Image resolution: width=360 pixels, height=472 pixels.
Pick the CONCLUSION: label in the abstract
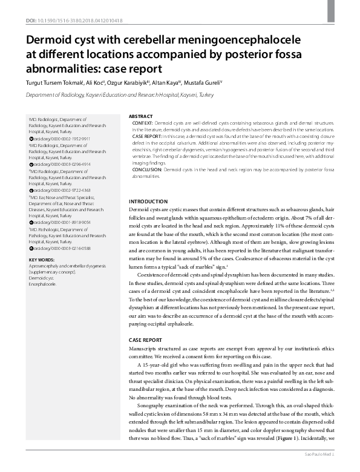[149, 170]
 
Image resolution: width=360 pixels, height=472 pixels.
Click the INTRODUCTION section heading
[149, 201]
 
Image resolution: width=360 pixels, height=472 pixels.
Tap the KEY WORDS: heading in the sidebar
[42, 260]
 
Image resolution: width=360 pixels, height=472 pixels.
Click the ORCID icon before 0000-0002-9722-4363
[31, 189]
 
